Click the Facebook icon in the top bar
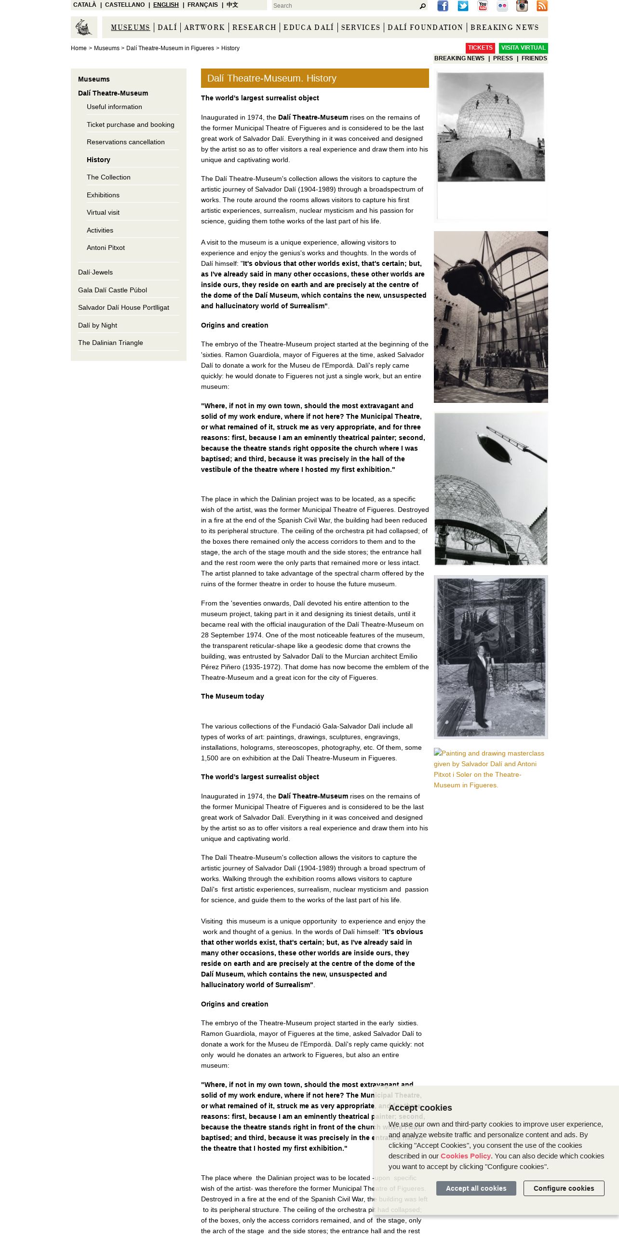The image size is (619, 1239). pos(443,6)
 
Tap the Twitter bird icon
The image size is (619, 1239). pos(463,6)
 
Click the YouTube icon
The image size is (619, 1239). pos(483,6)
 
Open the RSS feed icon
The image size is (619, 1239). pos(542,6)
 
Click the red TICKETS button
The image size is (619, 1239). pos(480,48)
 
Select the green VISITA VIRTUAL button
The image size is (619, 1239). pos(523,48)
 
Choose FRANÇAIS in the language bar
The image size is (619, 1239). pos(202,5)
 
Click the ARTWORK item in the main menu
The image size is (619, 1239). pos(204,28)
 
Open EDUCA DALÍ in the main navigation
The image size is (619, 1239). pos(309,28)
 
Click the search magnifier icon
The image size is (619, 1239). pos(423,6)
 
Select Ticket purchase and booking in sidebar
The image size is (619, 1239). pos(130,124)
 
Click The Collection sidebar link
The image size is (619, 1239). pos(108,177)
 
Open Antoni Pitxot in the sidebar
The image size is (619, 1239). pos(106,248)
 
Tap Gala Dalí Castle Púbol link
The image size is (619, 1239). pos(112,290)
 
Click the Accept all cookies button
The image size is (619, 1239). pos(476,1188)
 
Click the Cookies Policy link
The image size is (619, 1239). pos(465,1156)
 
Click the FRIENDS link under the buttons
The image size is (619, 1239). pos(534,58)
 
